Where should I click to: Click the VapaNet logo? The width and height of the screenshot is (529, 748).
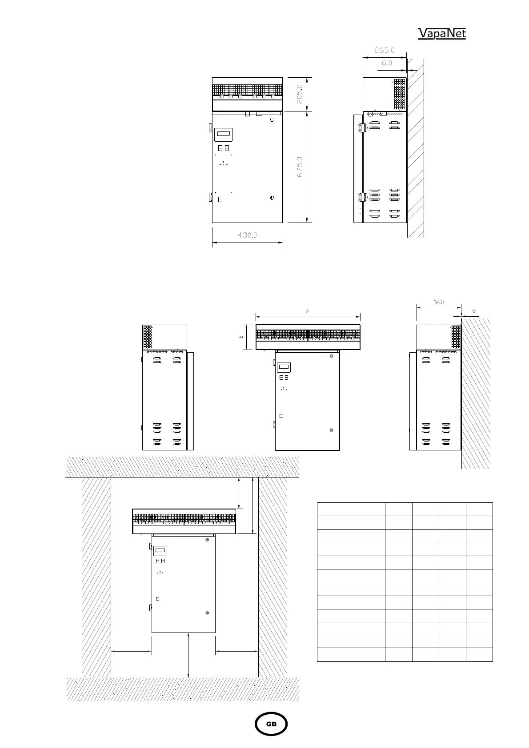click(x=442, y=33)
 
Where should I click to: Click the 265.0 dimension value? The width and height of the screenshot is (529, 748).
click(x=384, y=50)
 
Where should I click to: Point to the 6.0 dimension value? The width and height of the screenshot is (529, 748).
click(x=387, y=63)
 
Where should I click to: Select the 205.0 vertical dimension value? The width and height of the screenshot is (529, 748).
click(x=300, y=94)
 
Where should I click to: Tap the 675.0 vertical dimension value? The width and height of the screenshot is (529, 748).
click(x=300, y=167)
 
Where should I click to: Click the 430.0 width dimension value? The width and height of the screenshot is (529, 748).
click(x=247, y=235)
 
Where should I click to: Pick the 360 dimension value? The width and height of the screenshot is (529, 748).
click(x=438, y=302)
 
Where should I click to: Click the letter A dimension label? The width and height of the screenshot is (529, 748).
click(x=308, y=311)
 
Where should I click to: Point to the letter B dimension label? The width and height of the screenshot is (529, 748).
click(x=240, y=337)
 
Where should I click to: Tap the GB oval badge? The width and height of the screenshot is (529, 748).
click(x=271, y=724)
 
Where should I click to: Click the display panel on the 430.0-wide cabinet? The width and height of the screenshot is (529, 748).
click(x=223, y=135)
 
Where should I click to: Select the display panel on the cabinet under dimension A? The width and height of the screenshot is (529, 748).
click(x=284, y=367)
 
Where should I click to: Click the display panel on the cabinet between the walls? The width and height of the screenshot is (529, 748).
click(x=160, y=551)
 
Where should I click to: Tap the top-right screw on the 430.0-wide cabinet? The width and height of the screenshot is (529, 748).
click(x=273, y=119)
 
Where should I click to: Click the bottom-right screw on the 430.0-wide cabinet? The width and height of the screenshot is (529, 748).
click(x=273, y=198)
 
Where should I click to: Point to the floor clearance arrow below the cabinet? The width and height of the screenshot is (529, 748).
click(x=188, y=655)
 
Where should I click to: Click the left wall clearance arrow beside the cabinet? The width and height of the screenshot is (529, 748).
click(x=131, y=651)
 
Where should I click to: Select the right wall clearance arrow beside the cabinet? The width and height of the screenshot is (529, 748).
click(x=237, y=651)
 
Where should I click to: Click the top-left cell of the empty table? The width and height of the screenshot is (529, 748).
click(x=351, y=509)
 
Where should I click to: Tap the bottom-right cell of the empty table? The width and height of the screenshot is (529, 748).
click(x=479, y=655)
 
